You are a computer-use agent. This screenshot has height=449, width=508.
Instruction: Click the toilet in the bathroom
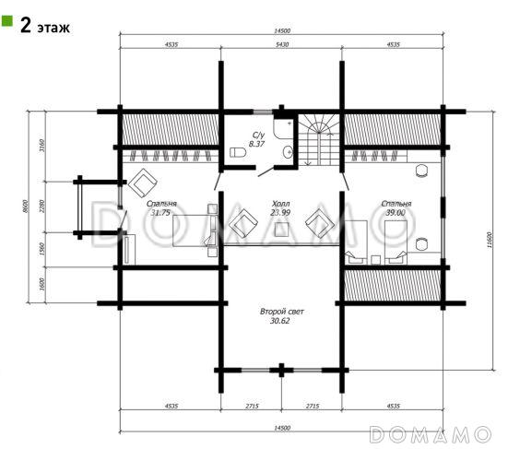point(238,152)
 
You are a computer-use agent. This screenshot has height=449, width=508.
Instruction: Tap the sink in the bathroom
point(288,151)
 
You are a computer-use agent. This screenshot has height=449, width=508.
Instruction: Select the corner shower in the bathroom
point(283,128)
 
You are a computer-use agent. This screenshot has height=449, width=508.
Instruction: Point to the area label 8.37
point(256,144)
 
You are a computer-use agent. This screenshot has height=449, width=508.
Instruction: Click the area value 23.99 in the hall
point(280,213)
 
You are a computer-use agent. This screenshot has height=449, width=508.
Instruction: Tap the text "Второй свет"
point(282,312)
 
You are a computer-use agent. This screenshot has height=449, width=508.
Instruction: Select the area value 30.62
point(280,321)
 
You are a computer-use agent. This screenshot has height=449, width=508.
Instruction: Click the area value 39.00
point(396,213)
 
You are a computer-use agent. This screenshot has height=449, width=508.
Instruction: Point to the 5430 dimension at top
point(282,44)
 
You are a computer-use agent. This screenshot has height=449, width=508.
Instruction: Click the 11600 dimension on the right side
point(490,240)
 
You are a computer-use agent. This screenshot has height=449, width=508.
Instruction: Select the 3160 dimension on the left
point(41,146)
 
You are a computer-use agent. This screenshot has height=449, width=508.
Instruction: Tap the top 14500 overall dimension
point(282,30)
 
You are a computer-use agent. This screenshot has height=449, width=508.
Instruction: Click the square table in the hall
point(281,230)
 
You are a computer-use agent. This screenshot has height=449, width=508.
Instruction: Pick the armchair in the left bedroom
point(143,183)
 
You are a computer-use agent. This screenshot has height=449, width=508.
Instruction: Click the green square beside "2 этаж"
point(6,20)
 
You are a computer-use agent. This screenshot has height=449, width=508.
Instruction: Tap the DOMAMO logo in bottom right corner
point(431,434)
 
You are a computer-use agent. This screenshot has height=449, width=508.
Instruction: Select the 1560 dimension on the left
point(41,249)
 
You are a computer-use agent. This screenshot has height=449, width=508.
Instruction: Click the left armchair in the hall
point(243,223)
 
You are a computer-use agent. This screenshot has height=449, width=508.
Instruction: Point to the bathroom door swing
point(266,172)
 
